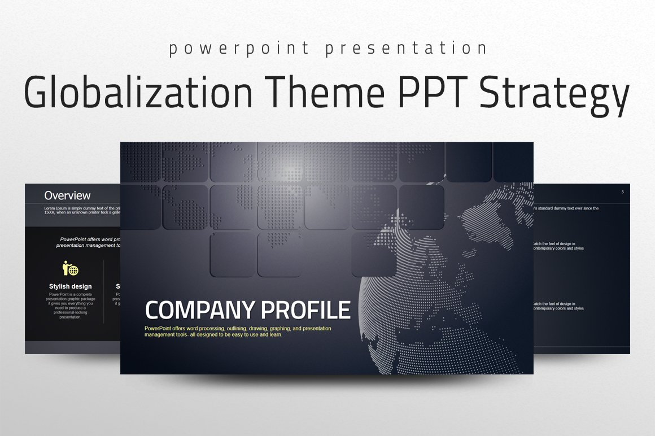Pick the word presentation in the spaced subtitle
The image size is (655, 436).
pos(405,49)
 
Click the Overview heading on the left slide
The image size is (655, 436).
pos(67,196)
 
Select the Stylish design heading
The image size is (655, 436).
pos(71,286)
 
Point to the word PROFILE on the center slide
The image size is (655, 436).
pos(305,310)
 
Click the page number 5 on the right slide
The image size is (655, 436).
pos(622,192)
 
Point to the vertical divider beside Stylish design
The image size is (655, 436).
pos(104,291)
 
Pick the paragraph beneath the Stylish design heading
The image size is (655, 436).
pos(71,306)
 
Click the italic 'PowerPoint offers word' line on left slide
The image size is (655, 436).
pos(90,239)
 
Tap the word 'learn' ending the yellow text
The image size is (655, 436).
pos(274,334)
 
